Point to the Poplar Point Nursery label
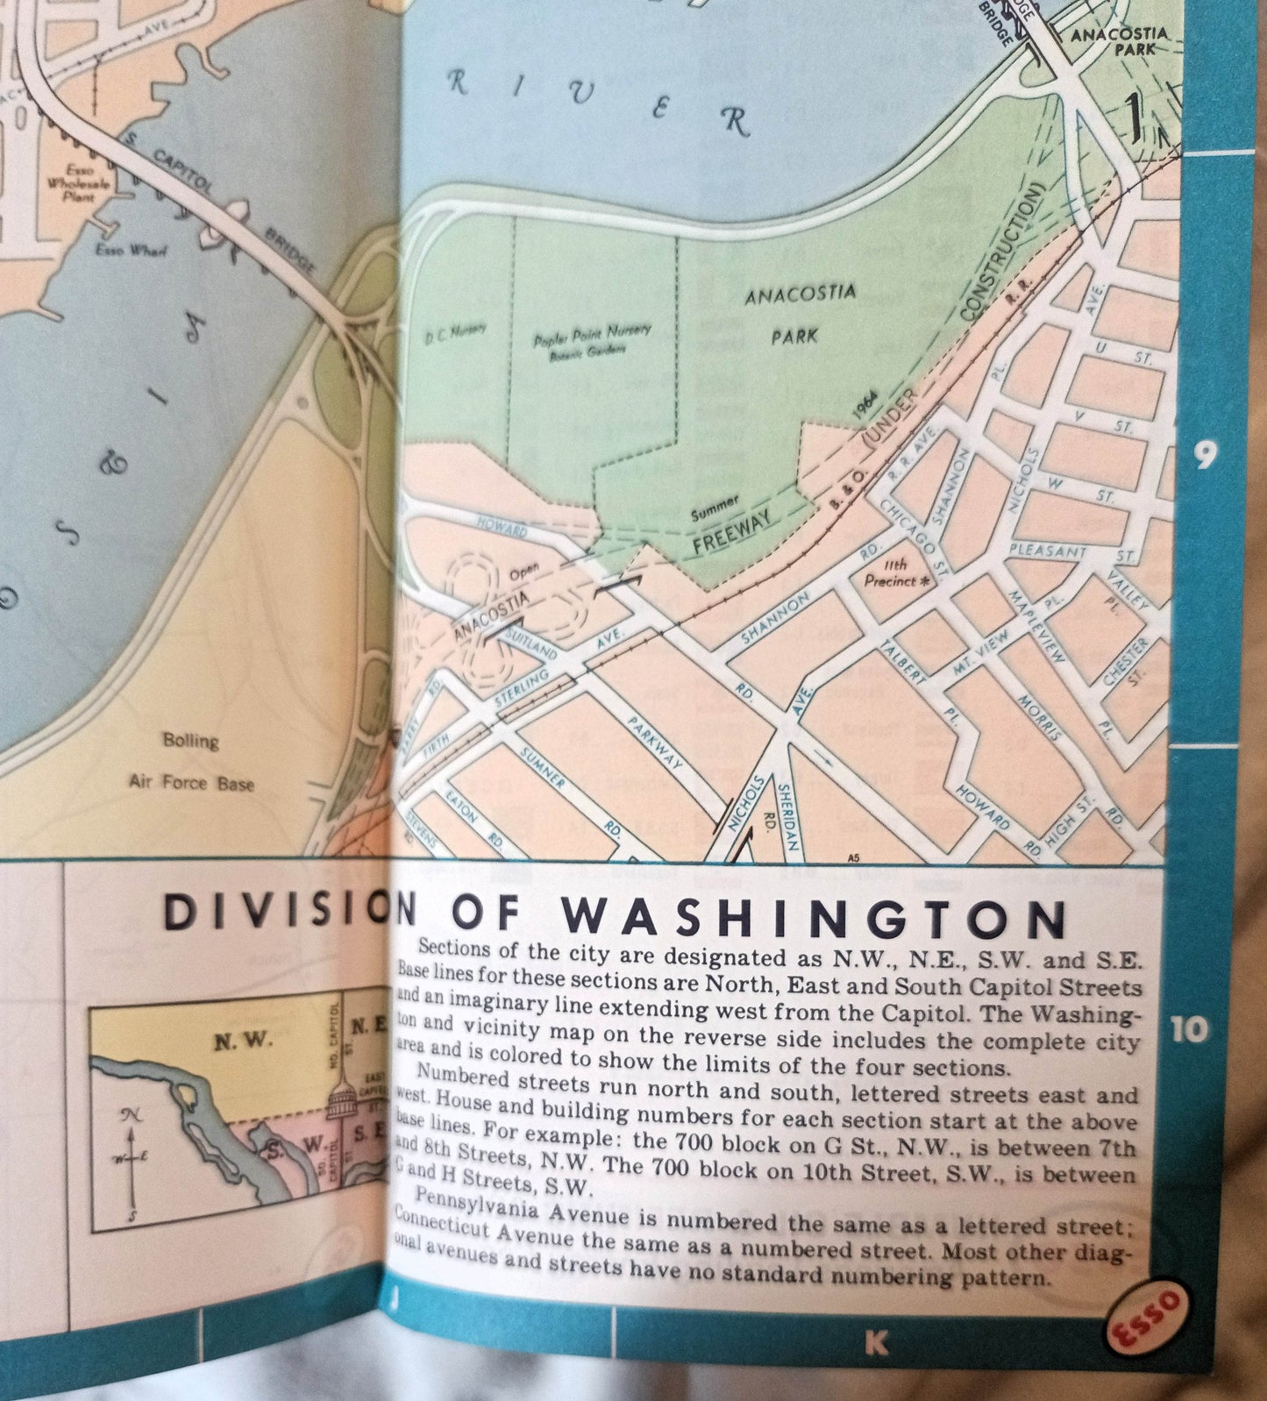click(593, 339)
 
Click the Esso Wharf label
click(132, 250)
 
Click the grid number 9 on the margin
click(1206, 455)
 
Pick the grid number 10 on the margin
click(1189, 1030)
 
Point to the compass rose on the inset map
click(132, 1162)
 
